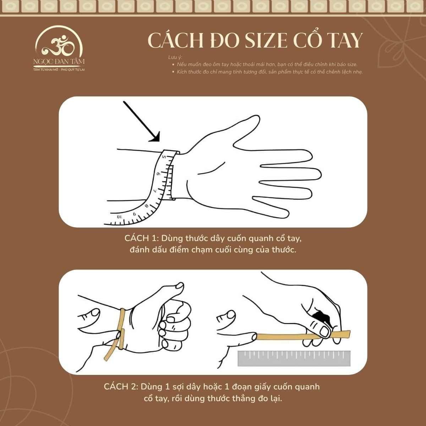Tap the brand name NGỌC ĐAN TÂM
click(59, 62)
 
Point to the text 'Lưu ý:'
click(175, 58)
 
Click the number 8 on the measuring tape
click(146, 206)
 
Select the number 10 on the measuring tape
click(119, 216)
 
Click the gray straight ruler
click(294, 358)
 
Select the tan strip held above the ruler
click(302, 336)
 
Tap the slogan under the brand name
click(59, 70)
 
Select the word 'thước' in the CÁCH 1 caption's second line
click(283, 250)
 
